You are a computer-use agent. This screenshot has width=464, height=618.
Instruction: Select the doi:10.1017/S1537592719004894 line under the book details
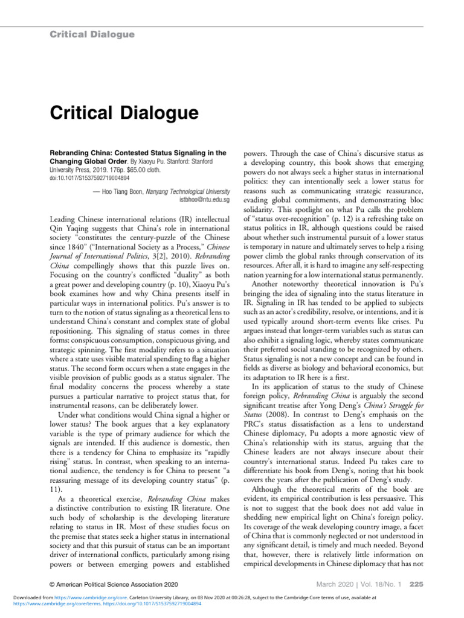(89, 178)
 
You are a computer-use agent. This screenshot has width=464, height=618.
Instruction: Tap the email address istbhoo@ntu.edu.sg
(204, 199)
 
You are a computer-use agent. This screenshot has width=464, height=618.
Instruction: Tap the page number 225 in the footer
(416, 584)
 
